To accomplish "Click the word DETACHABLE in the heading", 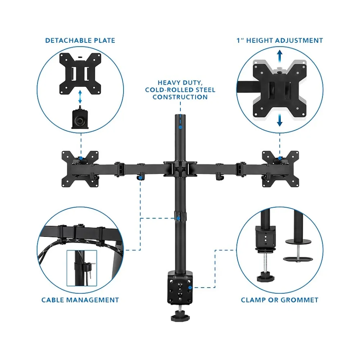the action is pyautogui.click(x=66, y=40).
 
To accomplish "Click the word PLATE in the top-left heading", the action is pyautogui.click(x=102, y=40).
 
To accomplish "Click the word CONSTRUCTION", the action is pyautogui.click(x=180, y=97).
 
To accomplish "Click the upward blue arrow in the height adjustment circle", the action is pyautogui.click(x=279, y=56).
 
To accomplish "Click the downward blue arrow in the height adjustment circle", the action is pyautogui.click(x=279, y=120).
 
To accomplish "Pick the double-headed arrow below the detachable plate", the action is pyautogui.click(x=80, y=97).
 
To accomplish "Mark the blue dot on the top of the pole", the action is pyautogui.click(x=180, y=127).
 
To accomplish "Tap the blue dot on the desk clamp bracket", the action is pyautogui.click(x=190, y=287).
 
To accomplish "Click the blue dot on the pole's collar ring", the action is pyautogui.click(x=179, y=218).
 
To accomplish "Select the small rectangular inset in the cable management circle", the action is pyautogui.click(x=82, y=268).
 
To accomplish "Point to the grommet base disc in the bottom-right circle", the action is pyautogui.click(x=298, y=259).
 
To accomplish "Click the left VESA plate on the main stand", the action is pyautogui.click(x=80, y=169).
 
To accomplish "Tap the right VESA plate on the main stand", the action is pyautogui.click(x=280, y=169).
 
